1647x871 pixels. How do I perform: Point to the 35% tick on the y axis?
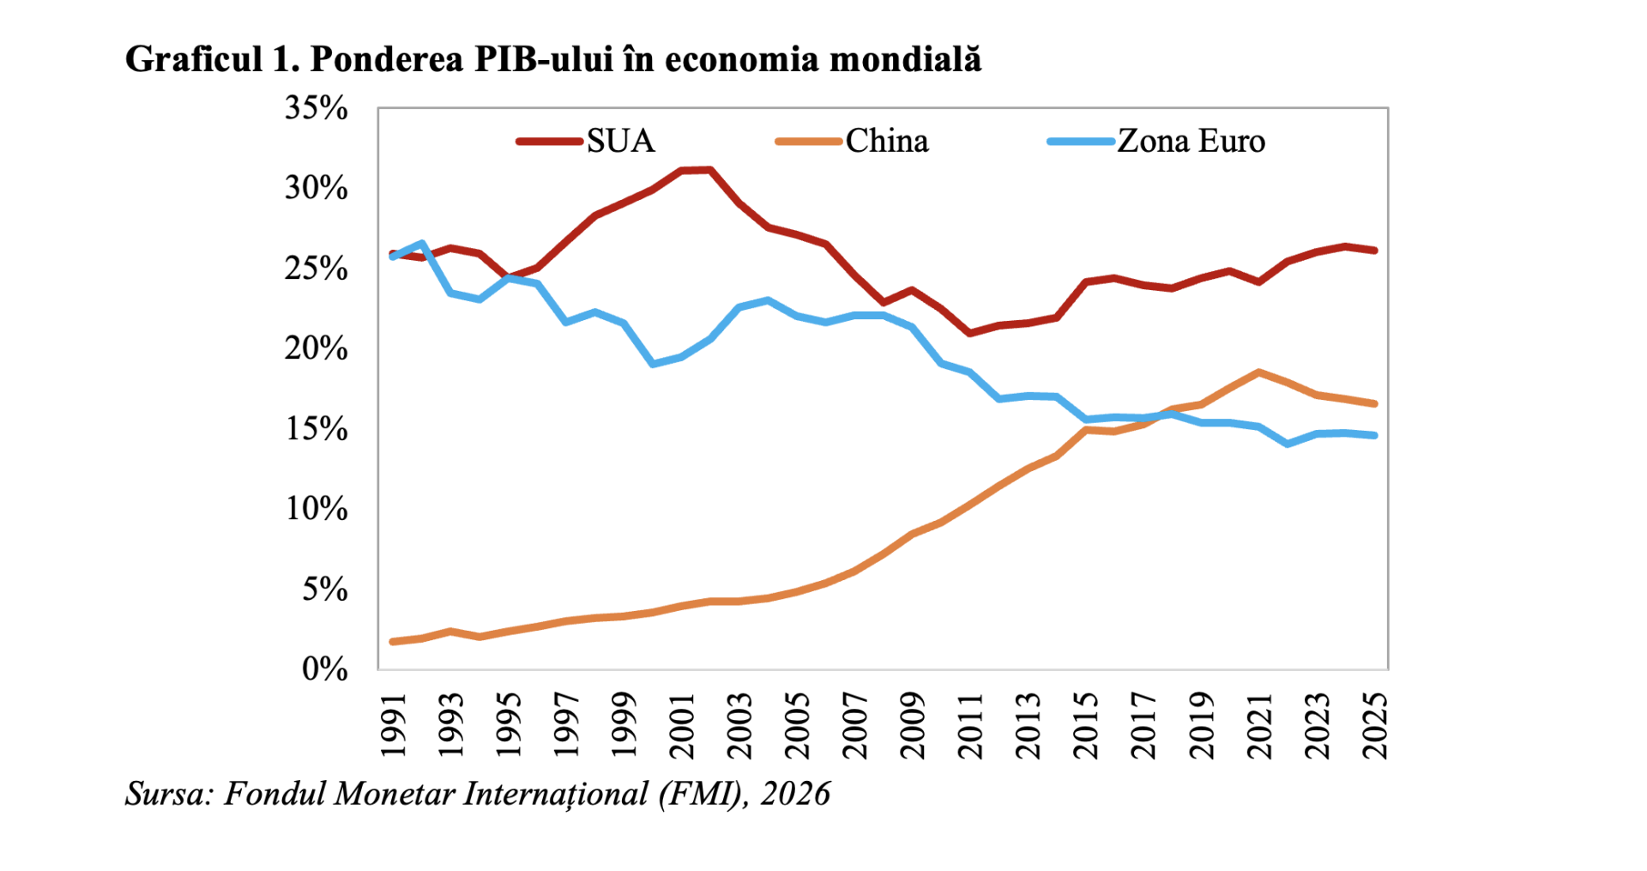click(316, 108)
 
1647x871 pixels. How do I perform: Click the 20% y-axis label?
click(316, 348)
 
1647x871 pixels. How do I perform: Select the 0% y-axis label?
click(324, 668)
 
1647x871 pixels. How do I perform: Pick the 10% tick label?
click(316, 509)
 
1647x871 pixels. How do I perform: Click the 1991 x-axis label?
click(393, 726)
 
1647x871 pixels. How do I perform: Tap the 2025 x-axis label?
click(1376, 726)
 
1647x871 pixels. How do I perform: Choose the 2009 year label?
click(914, 726)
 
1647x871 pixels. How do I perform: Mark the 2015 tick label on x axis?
click(1087, 726)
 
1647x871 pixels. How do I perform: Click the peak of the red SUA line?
click(709, 170)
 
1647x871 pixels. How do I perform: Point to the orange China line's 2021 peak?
click(1258, 372)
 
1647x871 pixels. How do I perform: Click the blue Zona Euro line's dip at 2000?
click(654, 364)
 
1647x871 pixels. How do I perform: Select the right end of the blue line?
click(1375, 435)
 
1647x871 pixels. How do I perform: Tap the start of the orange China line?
click(393, 641)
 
